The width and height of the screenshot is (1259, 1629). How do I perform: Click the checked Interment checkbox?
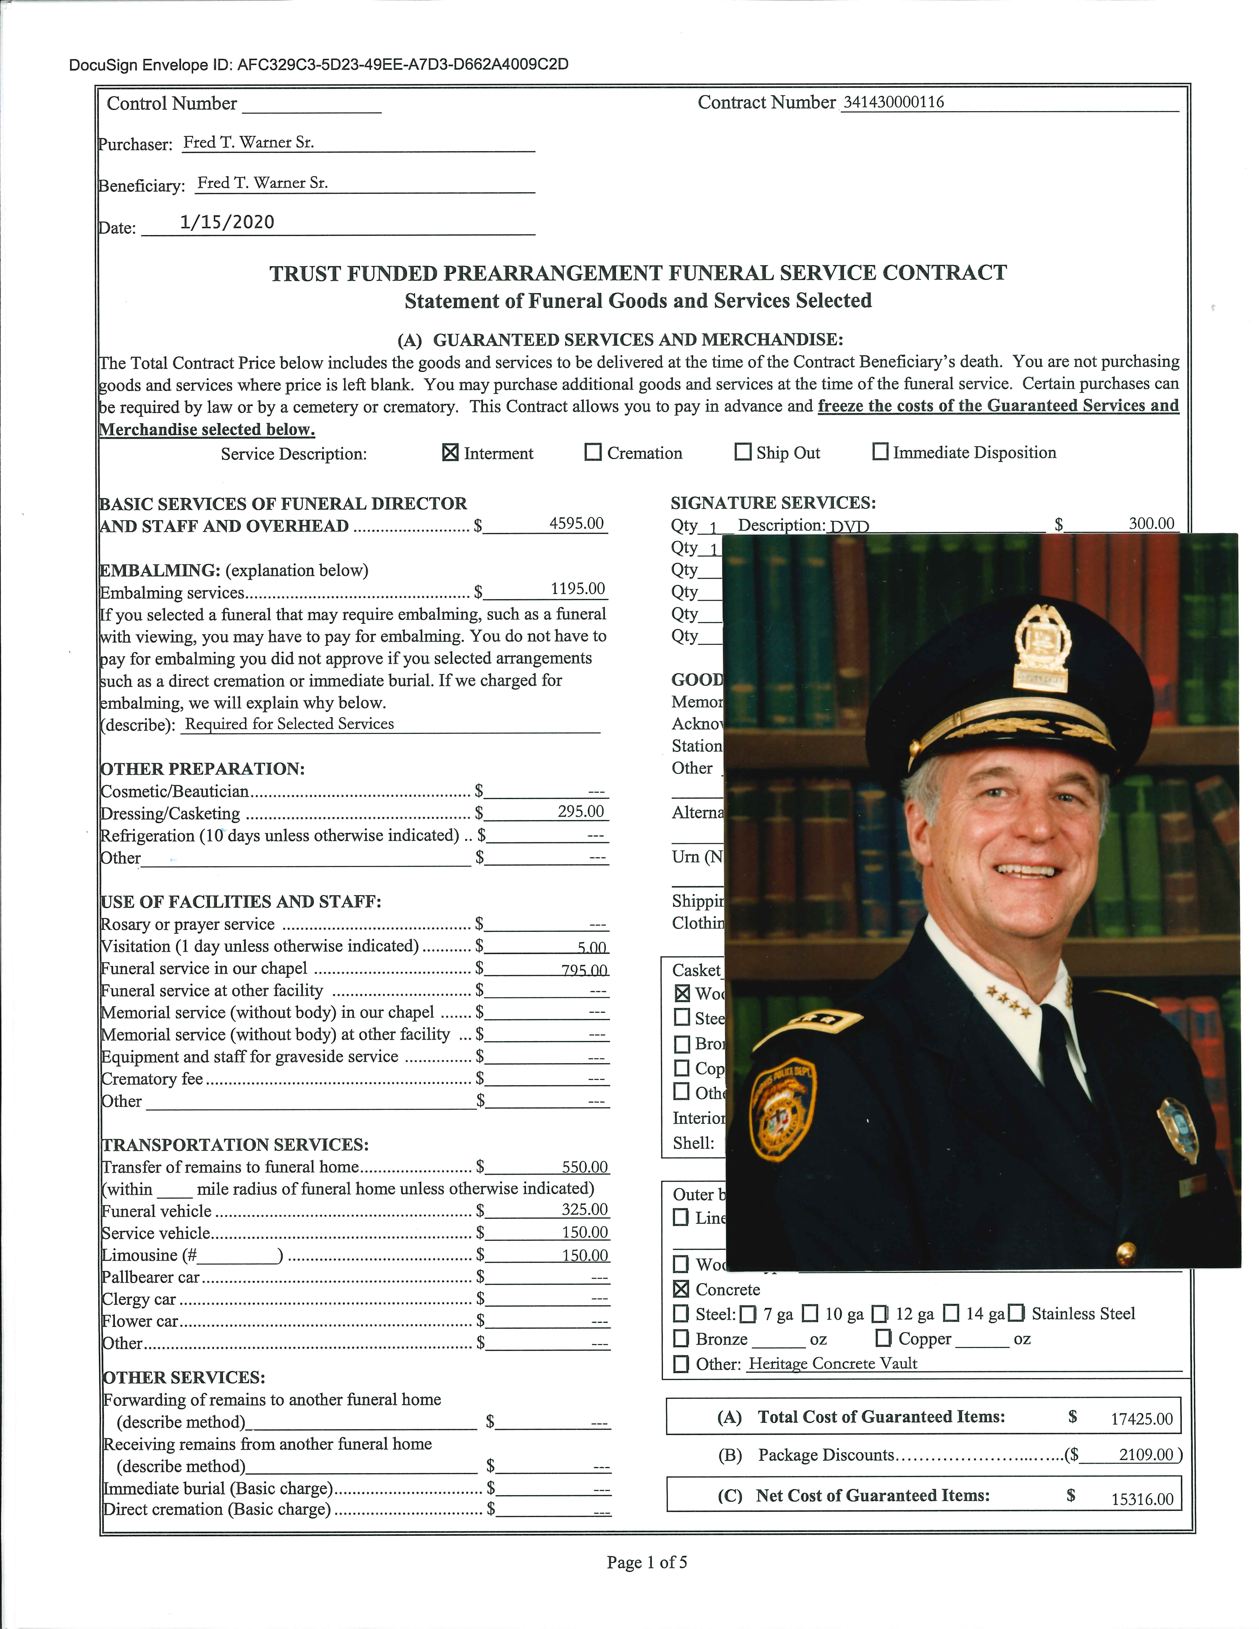pyautogui.click(x=450, y=453)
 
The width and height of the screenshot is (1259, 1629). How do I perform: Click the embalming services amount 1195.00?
pyautogui.click(x=577, y=588)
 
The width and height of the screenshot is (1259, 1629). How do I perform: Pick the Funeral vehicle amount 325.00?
pyautogui.click(x=584, y=1210)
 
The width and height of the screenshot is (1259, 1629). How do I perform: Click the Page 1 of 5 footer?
pyautogui.click(x=647, y=1562)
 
